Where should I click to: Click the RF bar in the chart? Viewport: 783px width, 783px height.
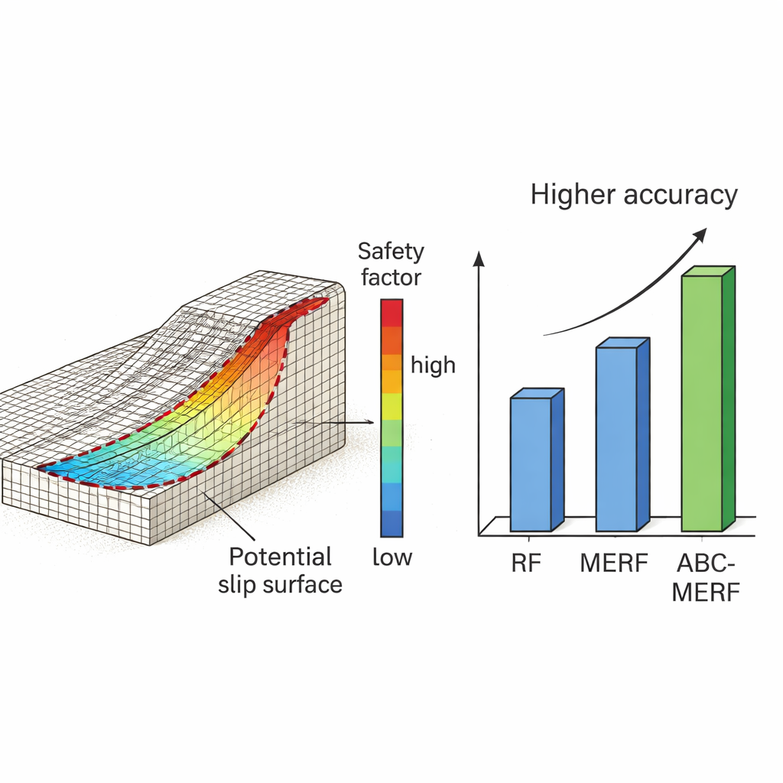pos(531,463)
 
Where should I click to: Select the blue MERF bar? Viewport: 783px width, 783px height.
pos(616,439)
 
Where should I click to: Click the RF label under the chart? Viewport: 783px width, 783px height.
pos(526,565)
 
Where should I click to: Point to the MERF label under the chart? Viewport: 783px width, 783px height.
pos(614,565)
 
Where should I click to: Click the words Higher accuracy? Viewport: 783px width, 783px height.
pos(634,195)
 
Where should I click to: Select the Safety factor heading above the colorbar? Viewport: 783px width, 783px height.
pos(391,264)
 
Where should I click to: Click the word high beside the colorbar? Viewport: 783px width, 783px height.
pos(433,366)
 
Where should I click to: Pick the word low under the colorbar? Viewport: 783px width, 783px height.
pos(391,557)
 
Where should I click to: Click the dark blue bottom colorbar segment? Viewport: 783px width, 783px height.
pos(391,523)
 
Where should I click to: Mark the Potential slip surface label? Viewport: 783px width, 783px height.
pos(281,570)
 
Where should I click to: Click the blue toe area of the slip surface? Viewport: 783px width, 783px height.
pos(84,463)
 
